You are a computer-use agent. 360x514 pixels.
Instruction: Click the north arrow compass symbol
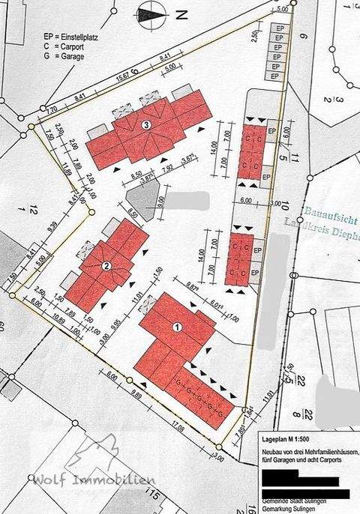(150, 12)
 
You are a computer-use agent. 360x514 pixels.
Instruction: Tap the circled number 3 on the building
(148, 125)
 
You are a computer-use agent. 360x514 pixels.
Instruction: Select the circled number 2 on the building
(106, 265)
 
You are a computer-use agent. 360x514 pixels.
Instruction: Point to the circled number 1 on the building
(177, 327)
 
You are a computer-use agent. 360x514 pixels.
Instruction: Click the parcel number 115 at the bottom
(154, 494)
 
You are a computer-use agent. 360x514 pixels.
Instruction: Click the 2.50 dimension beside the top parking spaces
(256, 40)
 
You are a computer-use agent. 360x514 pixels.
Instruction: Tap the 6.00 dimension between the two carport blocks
(247, 201)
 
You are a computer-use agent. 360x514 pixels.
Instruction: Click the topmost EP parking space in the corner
(278, 28)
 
